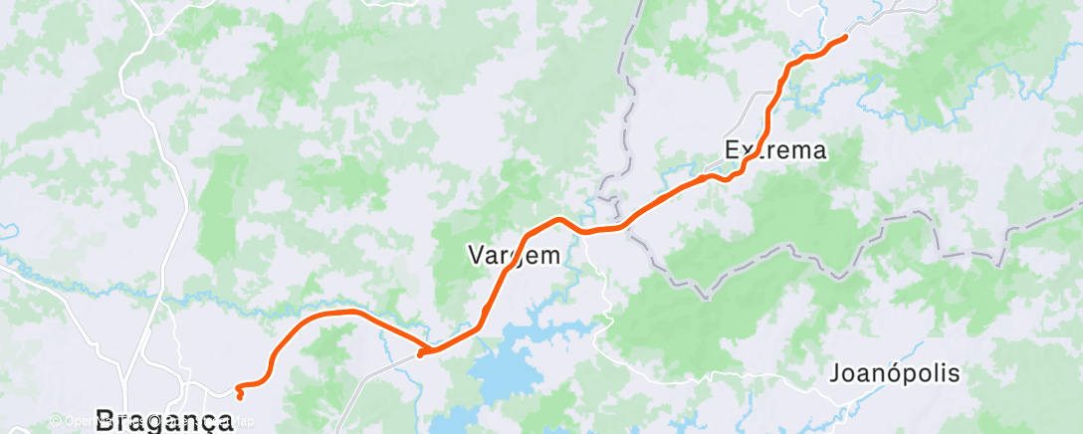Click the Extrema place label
click(x=776, y=151)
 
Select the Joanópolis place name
click(x=895, y=374)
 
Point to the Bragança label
click(x=164, y=418)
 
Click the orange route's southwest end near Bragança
click(x=241, y=396)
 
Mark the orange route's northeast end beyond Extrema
click(x=845, y=37)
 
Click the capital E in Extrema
click(x=733, y=151)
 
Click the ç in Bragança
click(x=205, y=420)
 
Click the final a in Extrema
click(x=818, y=152)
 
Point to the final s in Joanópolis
click(x=954, y=375)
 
